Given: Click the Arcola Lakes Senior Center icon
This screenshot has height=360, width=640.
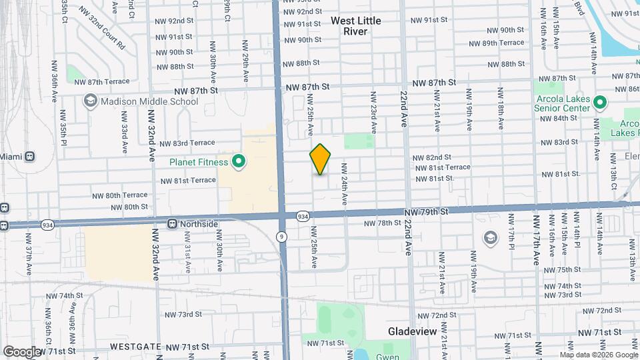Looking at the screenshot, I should click(599, 103).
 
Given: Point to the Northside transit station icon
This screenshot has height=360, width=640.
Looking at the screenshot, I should click(172, 224).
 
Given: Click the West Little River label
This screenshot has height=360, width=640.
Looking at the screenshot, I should click(356, 26).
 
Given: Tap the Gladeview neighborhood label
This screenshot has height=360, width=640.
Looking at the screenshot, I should click(412, 331).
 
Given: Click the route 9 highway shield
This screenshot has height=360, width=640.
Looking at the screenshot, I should click(282, 237).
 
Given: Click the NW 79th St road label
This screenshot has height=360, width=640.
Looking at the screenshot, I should click(427, 211).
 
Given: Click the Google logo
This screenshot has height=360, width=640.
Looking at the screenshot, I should click(21, 351).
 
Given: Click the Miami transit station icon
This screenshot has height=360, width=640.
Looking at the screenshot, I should click(29, 157).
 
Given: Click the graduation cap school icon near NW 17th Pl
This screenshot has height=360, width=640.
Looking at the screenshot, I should click(491, 238).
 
